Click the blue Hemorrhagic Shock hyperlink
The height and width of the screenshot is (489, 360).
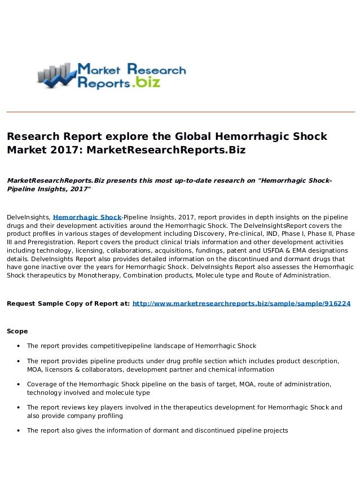click(x=87, y=217)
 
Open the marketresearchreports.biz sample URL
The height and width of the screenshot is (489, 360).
click(x=241, y=303)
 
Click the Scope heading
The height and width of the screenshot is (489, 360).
click(x=17, y=331)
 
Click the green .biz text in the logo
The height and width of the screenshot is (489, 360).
click(x=147, y=83)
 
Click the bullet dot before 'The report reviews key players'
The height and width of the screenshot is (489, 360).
click(x=19, y=407)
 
